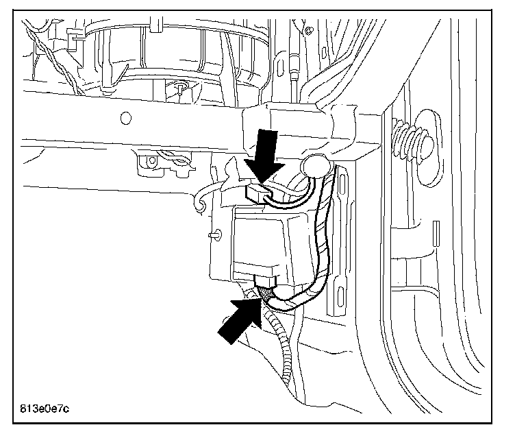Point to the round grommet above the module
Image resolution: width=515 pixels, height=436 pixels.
point(313,167)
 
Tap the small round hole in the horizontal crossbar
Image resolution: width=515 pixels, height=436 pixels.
point(125,118)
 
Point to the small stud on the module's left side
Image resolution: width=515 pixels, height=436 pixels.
point(215,234)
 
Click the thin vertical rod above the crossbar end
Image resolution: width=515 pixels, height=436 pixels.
point(294,69)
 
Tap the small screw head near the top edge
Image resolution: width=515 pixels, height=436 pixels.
point(310,30)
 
